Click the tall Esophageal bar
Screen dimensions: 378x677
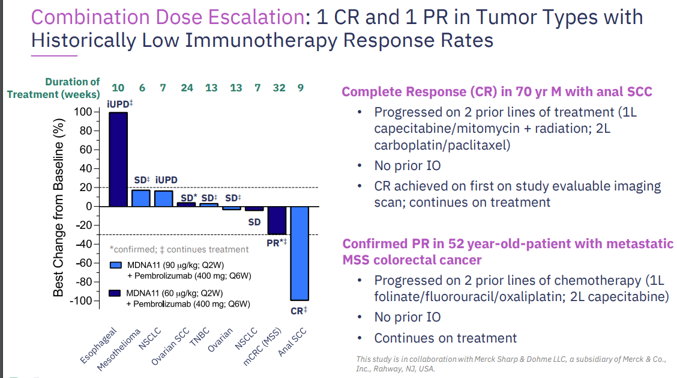pyautogui.click(x=118, y=159)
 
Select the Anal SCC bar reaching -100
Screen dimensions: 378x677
pyautogui.click(x=299, y=253)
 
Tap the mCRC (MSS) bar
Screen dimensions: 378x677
pyautogui.click(x=276, y=220)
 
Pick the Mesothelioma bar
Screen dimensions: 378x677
pyautogui.click(x=140, y=198)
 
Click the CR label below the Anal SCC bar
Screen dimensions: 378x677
pyautogui.click(x=299, y=311)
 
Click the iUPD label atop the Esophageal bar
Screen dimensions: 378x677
pyautogui.click(x=119, y=105)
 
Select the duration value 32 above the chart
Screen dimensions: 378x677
pyautogui.click(x=279, y=88)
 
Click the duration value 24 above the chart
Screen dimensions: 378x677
pyautogui.click(x=187, y=88)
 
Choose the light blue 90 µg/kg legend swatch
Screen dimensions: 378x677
pyautogui.click(x=116, y=265)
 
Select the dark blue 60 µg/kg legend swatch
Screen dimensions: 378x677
pyautogui.click(x=116, y=293)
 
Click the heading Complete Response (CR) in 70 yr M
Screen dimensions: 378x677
pyautogui.click(x=497, y=92)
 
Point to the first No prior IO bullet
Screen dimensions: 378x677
pyautogui.click(x=408, y=166)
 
